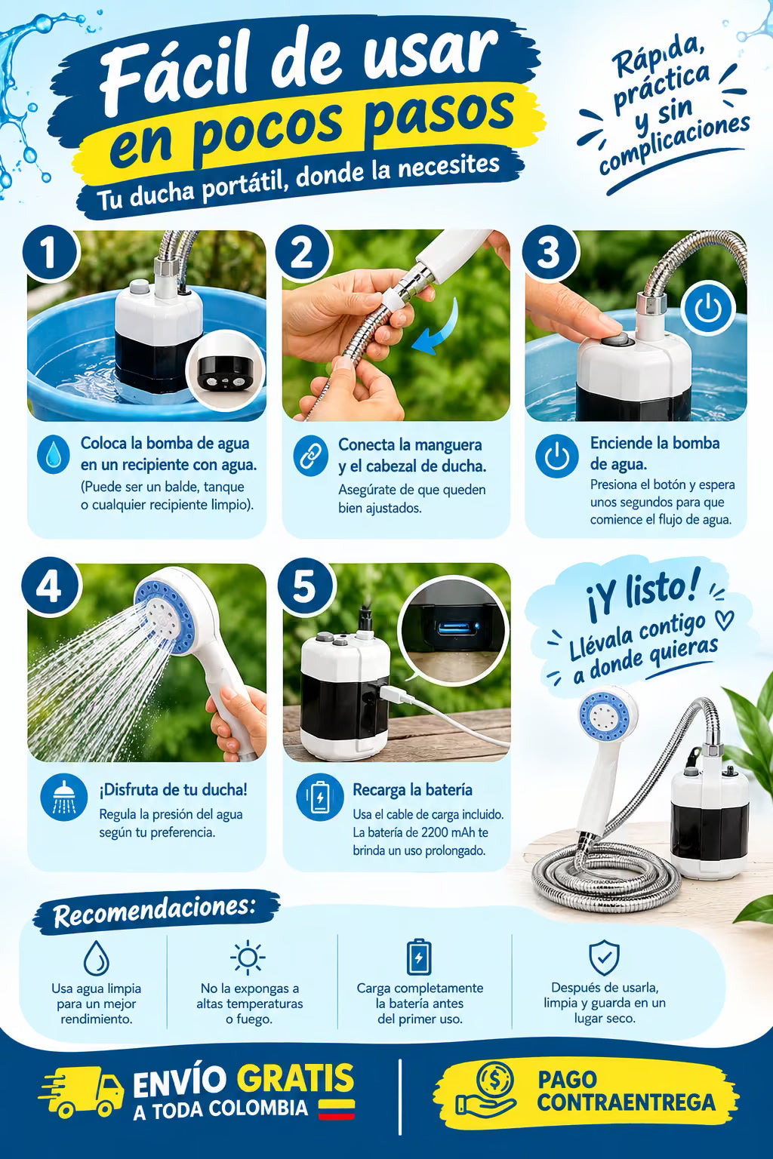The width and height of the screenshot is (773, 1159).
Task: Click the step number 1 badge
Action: [50, 253]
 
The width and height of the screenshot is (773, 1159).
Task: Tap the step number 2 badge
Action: [303, 253]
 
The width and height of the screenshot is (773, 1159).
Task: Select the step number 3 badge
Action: [550, 253]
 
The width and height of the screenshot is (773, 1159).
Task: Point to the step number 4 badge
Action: [50, 587]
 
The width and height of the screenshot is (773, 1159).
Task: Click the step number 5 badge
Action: [305, 587]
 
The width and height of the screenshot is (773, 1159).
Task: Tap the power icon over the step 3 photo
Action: [708, 308]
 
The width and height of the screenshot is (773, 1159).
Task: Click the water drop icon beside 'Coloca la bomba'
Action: [54, 455]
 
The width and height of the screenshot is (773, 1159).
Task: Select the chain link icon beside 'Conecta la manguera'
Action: [311, 455]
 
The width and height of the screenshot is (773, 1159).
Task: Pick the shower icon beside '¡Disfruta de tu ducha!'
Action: [64, 798]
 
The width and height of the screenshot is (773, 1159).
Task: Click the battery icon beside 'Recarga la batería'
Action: [320, 798]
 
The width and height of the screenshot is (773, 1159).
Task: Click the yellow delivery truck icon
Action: [82, 1091]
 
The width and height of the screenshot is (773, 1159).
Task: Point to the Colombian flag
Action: [337, 1109]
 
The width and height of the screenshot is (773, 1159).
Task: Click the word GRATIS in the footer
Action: [296, 1079]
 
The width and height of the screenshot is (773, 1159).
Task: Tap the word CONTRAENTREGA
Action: [626, 1102]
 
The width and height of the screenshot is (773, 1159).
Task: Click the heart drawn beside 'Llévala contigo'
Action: [724, 619]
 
